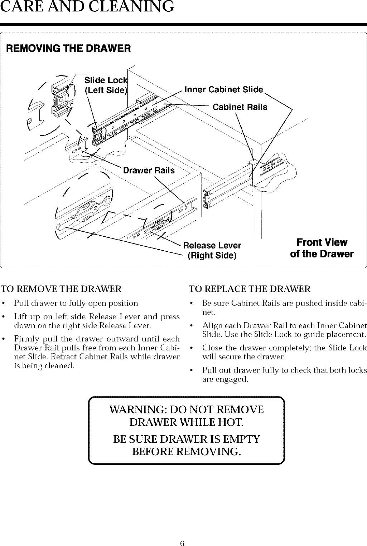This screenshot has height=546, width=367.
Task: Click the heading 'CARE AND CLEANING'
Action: [87, 7]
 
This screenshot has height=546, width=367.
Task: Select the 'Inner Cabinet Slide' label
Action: [224, 89]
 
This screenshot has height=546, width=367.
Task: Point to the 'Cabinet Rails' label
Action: [240, 107]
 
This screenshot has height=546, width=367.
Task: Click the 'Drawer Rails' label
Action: [149, 170]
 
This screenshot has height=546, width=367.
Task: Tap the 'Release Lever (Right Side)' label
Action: [212, 250]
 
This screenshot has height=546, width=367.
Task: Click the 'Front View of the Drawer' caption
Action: [322, 248]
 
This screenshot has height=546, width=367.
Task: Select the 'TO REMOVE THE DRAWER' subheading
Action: [62, 289]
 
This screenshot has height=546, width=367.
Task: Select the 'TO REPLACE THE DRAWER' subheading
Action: [250, 289]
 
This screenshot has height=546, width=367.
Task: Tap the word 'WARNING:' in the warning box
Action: [136, 409]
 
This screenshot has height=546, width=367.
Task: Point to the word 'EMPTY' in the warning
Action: [241, 439]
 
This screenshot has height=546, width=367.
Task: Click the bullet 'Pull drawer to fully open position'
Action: [76, 303]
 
